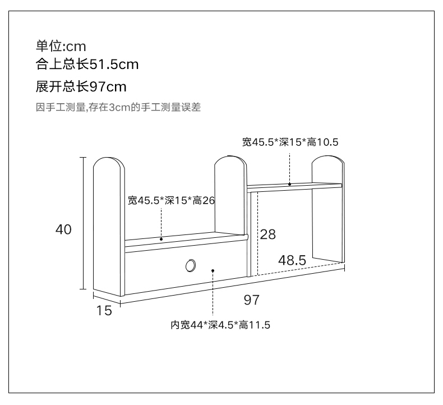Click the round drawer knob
coord(191,265)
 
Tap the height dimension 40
coord(63,229)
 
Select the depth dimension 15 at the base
coord(104,310)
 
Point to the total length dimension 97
coord(252,300)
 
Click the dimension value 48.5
coord(292,260)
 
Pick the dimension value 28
coord(268,234)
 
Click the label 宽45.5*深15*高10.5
coord(290,142)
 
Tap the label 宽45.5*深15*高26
coord(172,200)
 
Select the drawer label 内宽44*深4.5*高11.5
coord(220,325)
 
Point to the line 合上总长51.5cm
coord(87,65)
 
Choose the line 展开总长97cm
coord(81,87)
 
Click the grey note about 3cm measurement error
coord(118,108)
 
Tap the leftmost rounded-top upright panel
coord(108,224)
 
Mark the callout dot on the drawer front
coord(214,270)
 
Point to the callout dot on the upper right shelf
coord(290,183)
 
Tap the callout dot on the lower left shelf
coord(161,240)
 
